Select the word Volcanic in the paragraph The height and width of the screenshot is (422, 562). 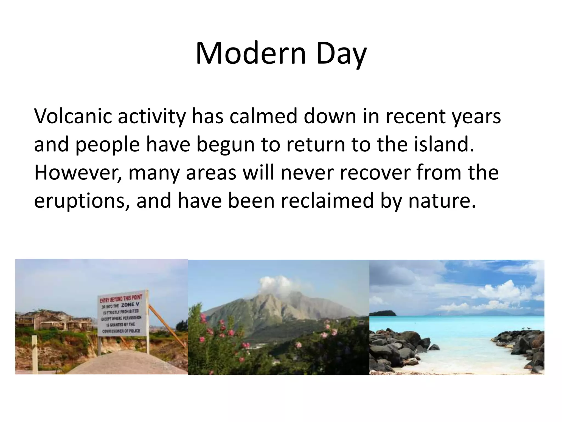click(73, 116)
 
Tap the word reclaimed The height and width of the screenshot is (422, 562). click(328, 200)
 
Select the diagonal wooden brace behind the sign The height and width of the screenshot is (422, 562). click(167, 324)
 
